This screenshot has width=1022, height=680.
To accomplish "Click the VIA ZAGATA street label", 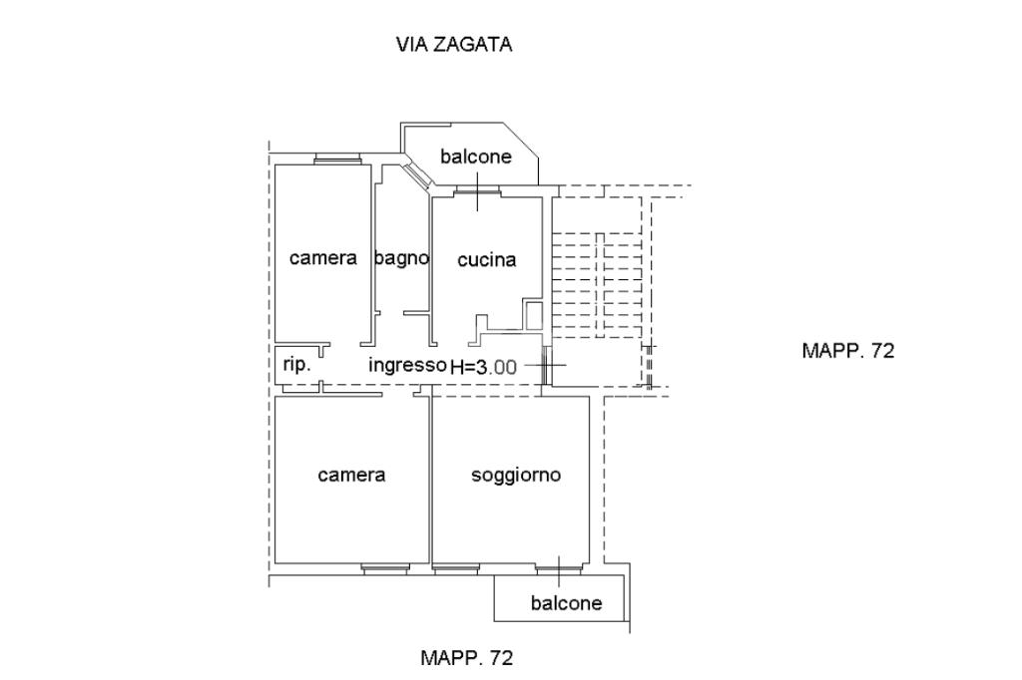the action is coord(454,44).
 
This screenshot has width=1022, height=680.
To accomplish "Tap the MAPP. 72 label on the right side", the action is coord(848,350).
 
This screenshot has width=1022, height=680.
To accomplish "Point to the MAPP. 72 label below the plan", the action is coord(467,658).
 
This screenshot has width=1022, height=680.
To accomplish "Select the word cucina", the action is coord(487,260).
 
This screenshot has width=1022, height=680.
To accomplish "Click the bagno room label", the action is coord(401,258).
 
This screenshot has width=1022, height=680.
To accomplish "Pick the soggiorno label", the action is coord(516,475).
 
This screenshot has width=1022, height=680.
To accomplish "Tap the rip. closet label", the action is coord(296,365).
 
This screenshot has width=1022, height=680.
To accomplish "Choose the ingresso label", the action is coord(407,365).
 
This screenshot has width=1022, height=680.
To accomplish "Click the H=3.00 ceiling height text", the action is coord(484,367).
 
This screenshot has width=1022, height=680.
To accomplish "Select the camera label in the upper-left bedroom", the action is coord(323,258).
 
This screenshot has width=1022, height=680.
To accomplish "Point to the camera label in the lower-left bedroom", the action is coord(351,475).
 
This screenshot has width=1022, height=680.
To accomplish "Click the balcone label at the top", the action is coord(476,157).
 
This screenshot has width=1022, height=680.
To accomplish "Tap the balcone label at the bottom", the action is coord(567,603).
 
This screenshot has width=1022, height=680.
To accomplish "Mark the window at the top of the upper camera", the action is coord(337,159).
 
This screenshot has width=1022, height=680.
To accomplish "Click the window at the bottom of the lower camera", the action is coord(385,568).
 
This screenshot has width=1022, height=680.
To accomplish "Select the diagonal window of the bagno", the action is coord(416,173).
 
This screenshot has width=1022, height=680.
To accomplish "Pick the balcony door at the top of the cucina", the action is coord(478,190).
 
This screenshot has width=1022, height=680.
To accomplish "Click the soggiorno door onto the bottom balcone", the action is coord(559,568).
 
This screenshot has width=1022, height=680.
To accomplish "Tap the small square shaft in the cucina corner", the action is coord(533,315).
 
